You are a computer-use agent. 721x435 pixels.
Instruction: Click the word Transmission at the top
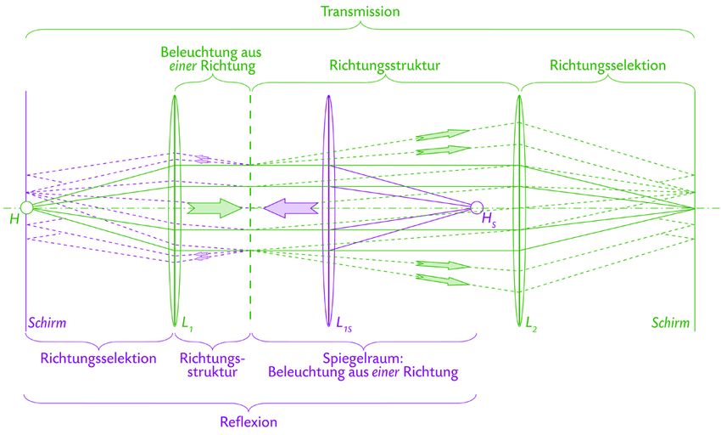click(360, 12)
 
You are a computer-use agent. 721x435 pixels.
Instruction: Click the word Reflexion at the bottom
click(249, 421)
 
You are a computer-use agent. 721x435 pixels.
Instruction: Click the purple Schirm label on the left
click(47, 323)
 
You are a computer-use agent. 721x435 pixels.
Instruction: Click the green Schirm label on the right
click(670, 323)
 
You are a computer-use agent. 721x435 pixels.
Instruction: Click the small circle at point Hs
click(477, 207)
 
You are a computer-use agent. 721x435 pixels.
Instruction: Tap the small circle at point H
click(27, 207)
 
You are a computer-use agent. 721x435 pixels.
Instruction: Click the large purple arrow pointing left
click(291, 207)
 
